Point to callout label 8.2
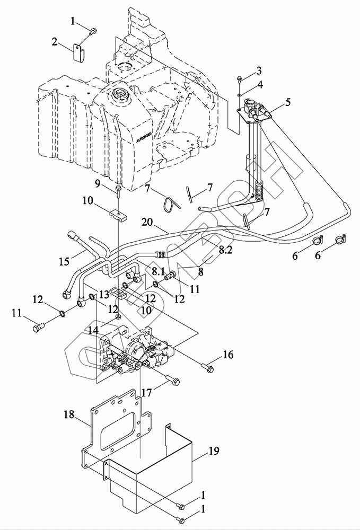click(x=225, y=250)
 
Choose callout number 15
click(x=64, y=261)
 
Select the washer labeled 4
click(x=241, y=95)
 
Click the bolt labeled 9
click(x=118, y=189)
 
